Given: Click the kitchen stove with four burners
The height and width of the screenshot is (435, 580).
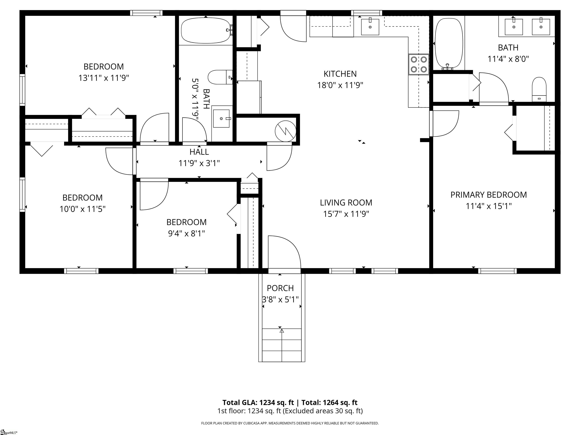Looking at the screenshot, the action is coord(419,64).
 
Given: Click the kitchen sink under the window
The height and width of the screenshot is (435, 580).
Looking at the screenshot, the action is coord(370,27).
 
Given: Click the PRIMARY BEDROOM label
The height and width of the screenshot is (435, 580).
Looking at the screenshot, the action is coord(488,195).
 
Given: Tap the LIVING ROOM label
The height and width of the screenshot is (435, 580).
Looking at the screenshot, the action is coord(346,203).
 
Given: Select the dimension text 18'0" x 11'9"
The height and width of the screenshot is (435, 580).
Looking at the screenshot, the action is coord(340,85).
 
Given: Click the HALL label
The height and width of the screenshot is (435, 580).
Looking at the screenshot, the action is coord(199,152).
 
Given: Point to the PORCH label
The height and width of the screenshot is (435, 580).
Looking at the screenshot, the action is coord(280,288).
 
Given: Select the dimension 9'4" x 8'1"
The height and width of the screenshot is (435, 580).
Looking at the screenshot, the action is coord(186,233).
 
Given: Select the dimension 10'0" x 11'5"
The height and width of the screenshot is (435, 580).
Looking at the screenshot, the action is coord(82,209).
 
